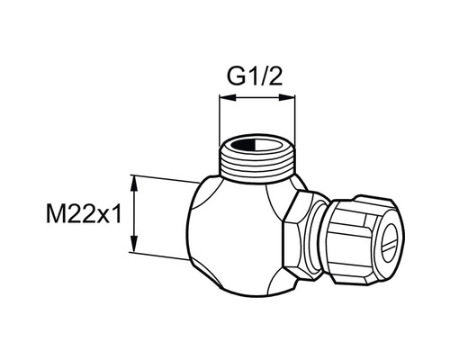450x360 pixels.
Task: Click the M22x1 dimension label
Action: pos(84,213)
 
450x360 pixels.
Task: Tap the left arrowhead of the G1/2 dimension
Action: pos(228,97)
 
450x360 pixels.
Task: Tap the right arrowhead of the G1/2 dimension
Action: pos(287,97)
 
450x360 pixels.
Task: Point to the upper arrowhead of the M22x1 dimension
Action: pos(134,184)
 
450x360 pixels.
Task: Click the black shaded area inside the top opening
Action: pos(243,146)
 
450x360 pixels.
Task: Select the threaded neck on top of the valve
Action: pos(257,162)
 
